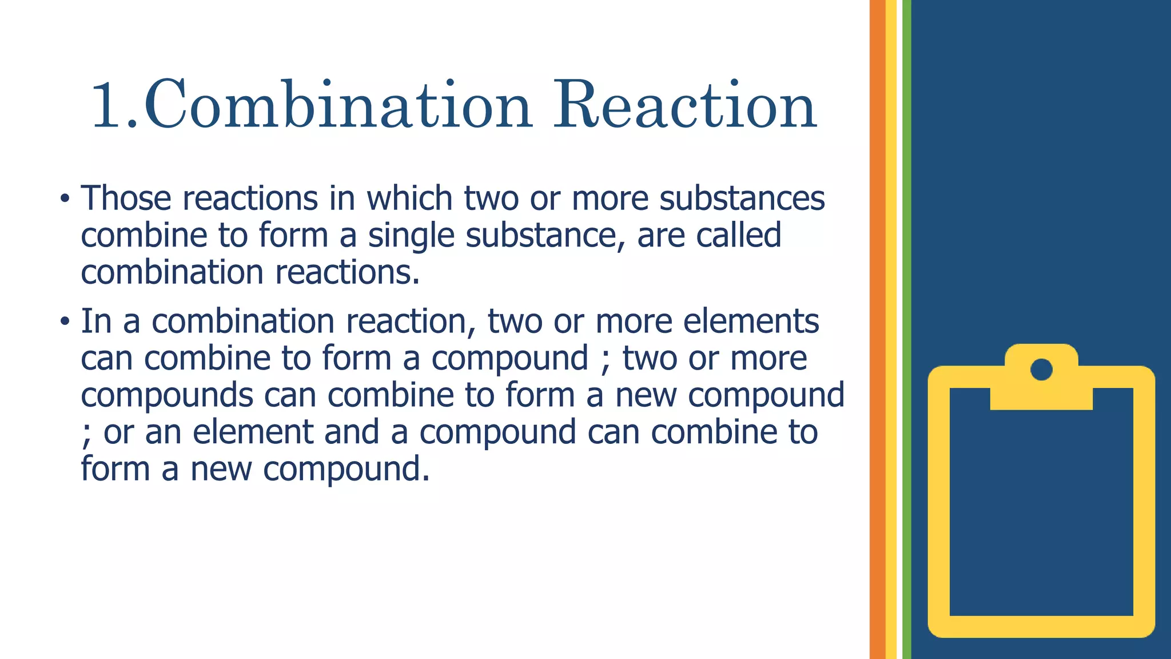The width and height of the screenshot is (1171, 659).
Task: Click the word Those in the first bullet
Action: tap(126, 199)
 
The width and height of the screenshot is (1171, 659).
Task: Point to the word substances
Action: tap(742, 199)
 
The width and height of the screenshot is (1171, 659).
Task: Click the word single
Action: tap(411, 236)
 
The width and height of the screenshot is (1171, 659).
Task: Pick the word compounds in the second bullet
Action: tap(167, 396)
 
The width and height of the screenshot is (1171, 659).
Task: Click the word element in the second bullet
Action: tap(253, 432)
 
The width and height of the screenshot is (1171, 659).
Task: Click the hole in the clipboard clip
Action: tap(1041, 370)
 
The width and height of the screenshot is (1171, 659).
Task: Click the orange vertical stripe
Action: tap(877, 329)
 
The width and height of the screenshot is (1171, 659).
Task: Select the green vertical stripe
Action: tap(906, 329)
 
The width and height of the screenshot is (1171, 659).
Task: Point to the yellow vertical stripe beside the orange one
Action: tap(891, 329)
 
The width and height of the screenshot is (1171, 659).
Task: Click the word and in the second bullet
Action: tap(351, 432)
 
